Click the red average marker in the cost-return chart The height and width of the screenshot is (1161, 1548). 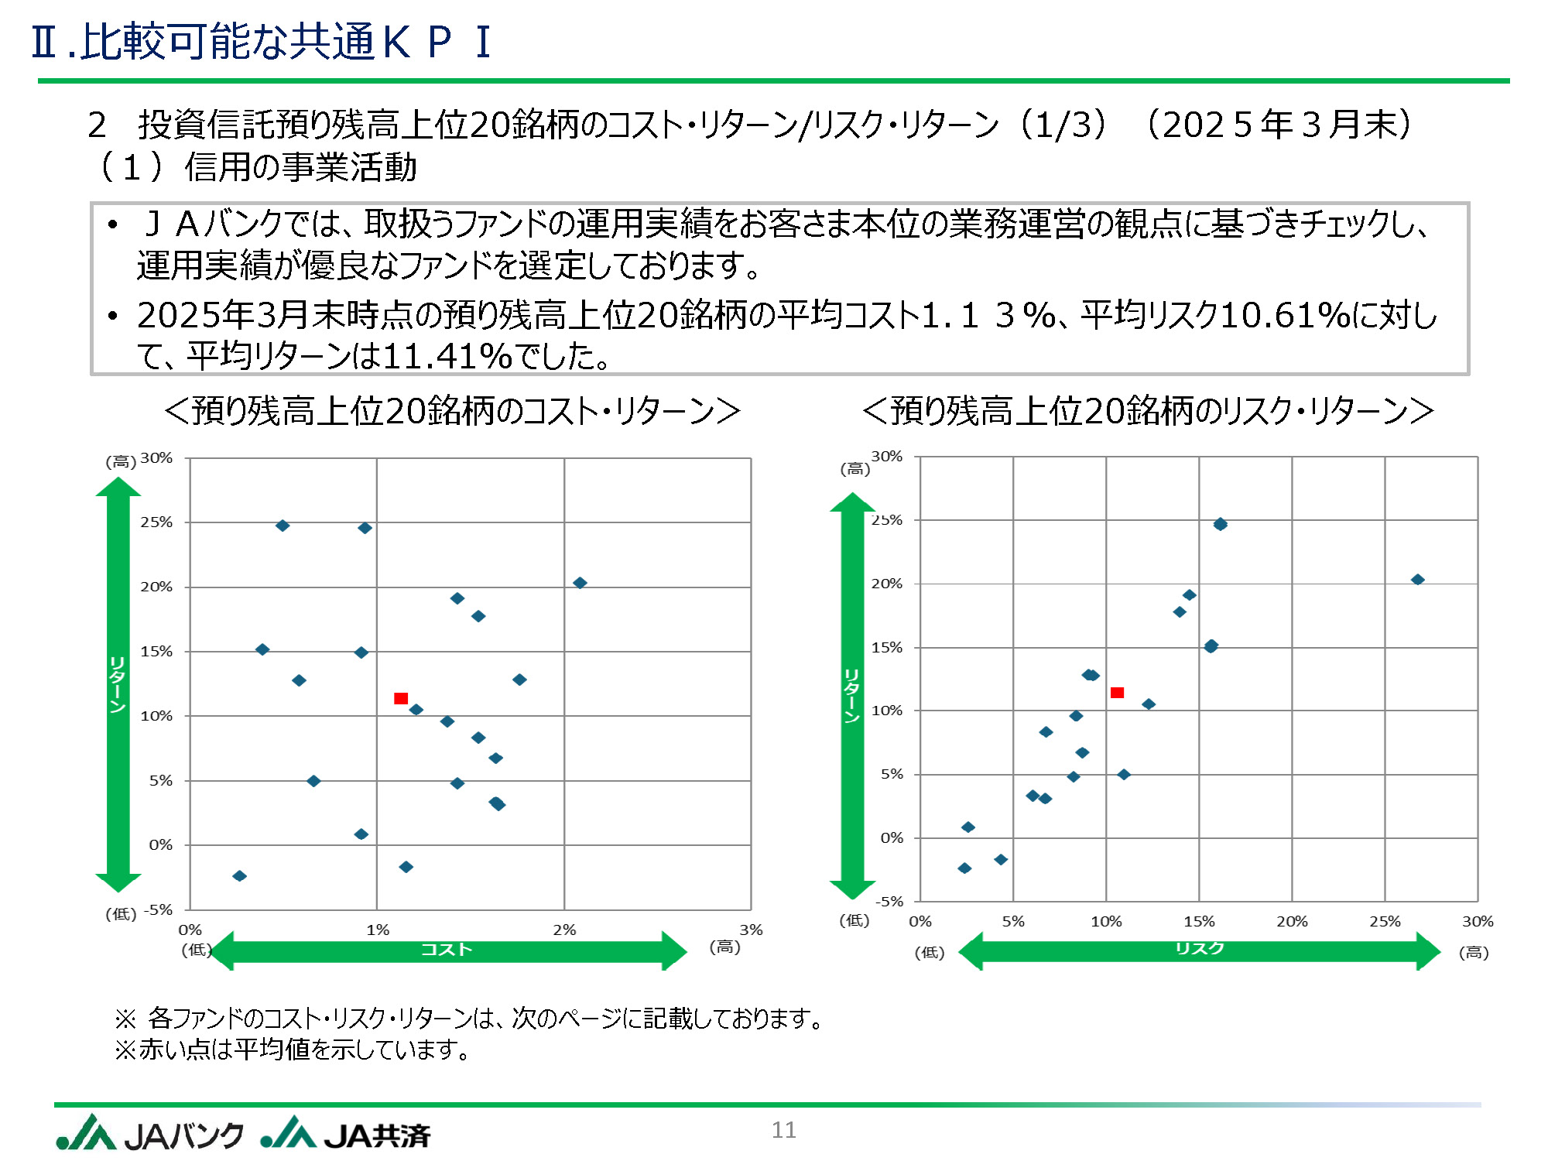[401, 698]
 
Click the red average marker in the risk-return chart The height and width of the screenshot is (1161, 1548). [1117, 693]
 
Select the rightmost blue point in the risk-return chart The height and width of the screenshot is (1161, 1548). [1417, 580]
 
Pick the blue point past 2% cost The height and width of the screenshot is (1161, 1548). [580, 583]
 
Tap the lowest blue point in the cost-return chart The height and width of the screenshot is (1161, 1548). [240, 876]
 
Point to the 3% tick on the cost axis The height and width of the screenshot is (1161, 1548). [751, 930]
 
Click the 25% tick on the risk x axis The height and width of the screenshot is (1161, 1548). [1385, 921]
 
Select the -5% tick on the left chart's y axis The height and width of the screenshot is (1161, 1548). [159, 909]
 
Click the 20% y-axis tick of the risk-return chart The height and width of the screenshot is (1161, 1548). [887, 584]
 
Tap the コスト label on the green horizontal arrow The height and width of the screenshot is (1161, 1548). [447, 950]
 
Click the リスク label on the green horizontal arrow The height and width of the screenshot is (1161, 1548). [1200, 948]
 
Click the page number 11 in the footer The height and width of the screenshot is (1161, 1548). [783, 1130]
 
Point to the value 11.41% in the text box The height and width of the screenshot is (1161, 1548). [447, 356]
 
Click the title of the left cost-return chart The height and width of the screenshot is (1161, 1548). [453, 411]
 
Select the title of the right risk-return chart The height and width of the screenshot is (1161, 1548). [1149, 411]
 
